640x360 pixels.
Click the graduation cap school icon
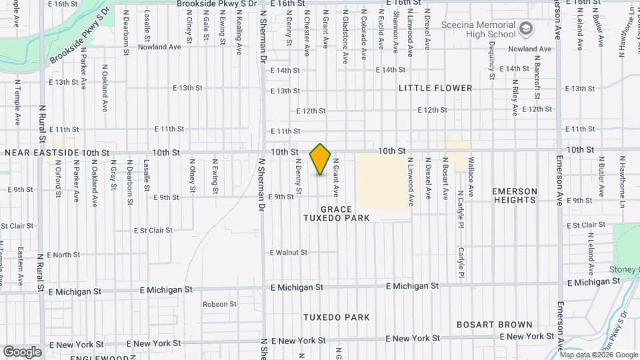coord(526,28)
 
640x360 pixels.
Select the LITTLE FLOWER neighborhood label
coord(435,88)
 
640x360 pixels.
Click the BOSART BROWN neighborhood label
coord(494,325)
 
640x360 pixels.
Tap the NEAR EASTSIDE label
coord(42,153)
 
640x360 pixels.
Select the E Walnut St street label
coord(289,253)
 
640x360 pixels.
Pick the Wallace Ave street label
coord(471,177)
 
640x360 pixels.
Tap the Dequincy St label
coord(491,61)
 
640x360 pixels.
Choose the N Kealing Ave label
coord(238,27)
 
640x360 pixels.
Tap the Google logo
coord(22,351)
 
